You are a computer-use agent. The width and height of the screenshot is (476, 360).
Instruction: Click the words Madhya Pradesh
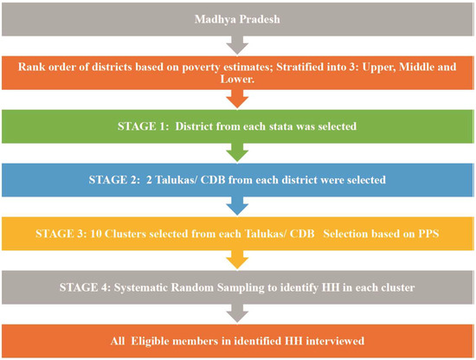(237, 19)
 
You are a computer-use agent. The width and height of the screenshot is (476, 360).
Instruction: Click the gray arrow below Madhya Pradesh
(237, 46)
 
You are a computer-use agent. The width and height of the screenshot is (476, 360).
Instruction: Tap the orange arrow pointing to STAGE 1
(237, 99)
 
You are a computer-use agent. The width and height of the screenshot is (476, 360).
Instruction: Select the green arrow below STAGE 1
(237, 152)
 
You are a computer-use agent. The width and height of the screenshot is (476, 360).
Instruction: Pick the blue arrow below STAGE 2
(237, 206)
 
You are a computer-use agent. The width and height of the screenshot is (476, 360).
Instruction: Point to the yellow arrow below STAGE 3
(237, 260)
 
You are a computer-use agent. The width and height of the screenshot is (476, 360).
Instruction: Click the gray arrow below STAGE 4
(237, 313)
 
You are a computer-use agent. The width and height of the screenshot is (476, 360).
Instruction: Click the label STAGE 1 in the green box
(143, 126)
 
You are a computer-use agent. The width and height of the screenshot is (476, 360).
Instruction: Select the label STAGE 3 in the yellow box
(61, 234)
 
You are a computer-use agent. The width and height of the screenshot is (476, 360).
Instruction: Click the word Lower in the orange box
(237, 80)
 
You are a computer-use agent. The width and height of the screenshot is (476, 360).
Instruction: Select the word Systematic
(141, 288)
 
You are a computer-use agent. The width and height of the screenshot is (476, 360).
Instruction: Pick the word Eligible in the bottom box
(151, 342)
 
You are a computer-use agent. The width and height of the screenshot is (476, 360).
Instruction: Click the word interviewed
(335, 341)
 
